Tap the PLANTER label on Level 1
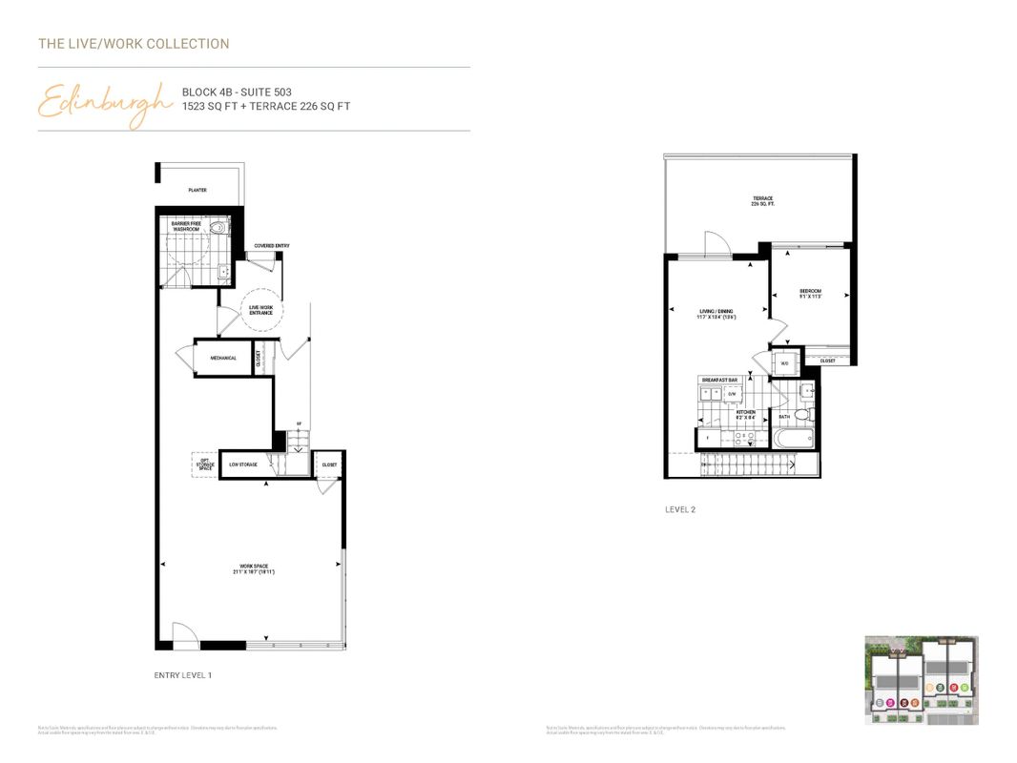click(x=197, y=190)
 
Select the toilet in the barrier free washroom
click(x=218, y=229)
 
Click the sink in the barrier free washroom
click(x=224, y=272)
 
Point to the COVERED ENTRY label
click(x=271, y=246)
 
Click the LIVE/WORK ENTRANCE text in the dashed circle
click(x=260, y=310)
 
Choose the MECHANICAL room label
click(x=223, y=359)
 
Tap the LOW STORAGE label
click(x=242, y=464)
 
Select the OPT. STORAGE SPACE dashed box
click(x=204, y=464)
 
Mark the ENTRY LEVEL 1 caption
click(x=183, y=675)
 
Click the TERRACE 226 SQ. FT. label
click(x=761, y=201)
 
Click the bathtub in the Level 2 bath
click(x=793, y=440)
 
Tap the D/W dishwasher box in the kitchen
click(x=733, y=393)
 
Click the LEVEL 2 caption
click(x=680, y=510)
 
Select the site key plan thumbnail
click(x=921, y=680)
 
